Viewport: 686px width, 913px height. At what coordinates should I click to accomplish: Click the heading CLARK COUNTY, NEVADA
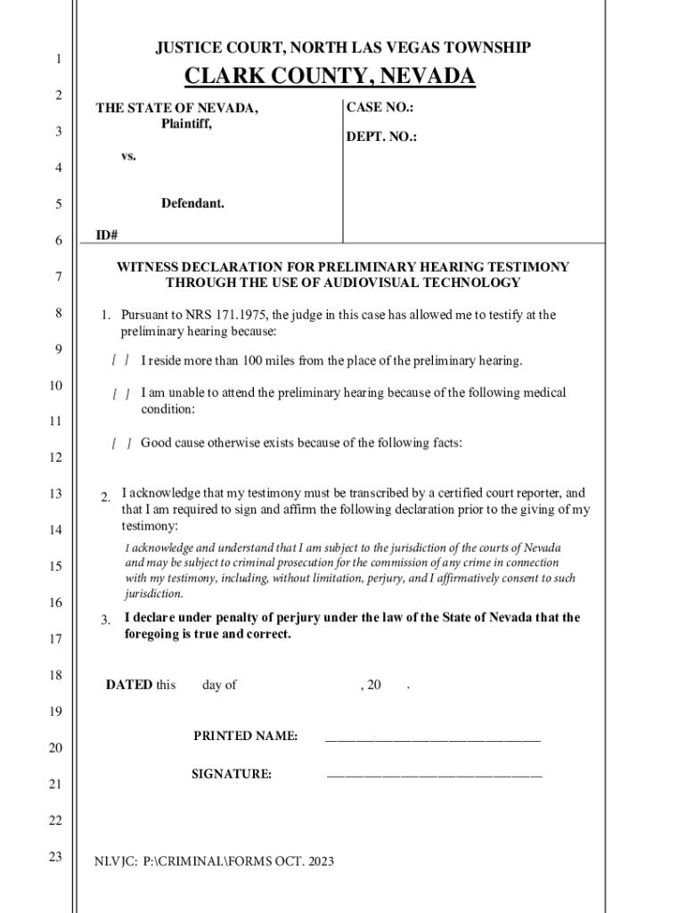point(330,78)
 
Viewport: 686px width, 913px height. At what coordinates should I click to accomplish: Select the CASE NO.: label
point(380,107)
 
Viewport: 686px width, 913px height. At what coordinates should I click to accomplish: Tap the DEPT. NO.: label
point(381,137)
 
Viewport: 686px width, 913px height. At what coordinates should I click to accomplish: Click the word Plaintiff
point(186,124)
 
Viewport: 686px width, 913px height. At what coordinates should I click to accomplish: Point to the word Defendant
point(192,204)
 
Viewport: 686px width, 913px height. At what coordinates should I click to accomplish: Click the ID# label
point(107,235)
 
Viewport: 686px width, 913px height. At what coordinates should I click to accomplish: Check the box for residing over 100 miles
point(121,361)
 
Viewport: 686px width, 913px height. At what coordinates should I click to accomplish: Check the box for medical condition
point(121,393)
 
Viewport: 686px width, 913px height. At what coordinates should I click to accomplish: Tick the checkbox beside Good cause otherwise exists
point(121,443)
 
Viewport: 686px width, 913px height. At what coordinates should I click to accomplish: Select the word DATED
point(129,685)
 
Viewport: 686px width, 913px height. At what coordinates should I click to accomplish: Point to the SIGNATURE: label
point(232,774)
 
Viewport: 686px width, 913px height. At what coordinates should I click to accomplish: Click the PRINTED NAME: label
point(245,736)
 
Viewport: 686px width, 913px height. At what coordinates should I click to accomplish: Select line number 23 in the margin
point(55,857)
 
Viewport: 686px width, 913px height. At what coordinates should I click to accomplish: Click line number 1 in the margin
point(58,60)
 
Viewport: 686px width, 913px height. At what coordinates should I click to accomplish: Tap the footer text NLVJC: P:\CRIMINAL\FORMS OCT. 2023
point(215,861)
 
